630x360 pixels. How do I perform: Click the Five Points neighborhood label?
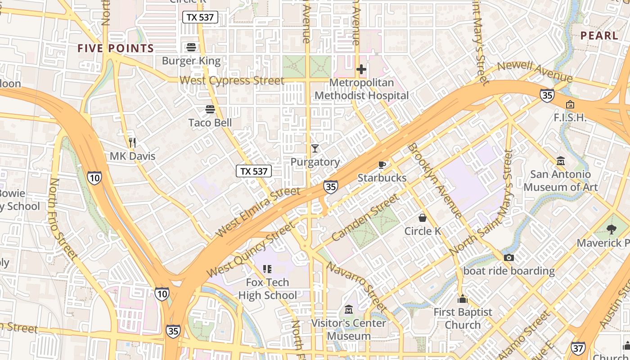tap(116, 48)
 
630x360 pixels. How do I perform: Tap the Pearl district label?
tap(599, 36)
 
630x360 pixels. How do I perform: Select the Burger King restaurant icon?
tap(191, 47)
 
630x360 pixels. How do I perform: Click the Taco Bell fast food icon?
tap(210, 109)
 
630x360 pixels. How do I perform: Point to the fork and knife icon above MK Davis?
tap(132, 143)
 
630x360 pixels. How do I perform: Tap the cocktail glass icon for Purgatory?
tap(315, 148)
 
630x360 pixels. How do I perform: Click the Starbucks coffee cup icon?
tap(382, 165)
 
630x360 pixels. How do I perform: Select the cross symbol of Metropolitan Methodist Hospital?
tap(361, 69)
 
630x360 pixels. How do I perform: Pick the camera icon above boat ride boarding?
tap(509, 257)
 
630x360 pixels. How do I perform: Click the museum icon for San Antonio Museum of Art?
tap(561, 161)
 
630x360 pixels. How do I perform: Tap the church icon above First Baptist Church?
tap(463, 299)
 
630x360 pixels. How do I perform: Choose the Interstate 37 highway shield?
tap(578, 348)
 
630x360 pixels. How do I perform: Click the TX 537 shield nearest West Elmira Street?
tap(254, 171)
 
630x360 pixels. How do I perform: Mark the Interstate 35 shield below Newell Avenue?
tap(547, 95)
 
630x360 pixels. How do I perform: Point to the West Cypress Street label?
tap(232, 81)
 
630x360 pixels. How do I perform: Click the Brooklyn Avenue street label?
tap(434, 180)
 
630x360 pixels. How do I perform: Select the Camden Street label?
tap(365, 217)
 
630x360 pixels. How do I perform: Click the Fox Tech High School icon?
tap(267, 269)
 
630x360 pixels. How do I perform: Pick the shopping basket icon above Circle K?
tap(423, 218)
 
